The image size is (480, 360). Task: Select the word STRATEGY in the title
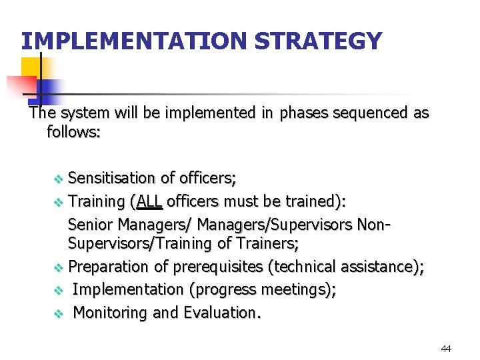tap(319, 41)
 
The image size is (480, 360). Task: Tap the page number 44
tap(446, 349)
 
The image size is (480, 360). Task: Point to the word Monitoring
tap(111, 312)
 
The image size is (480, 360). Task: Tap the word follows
tap(73, 132)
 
